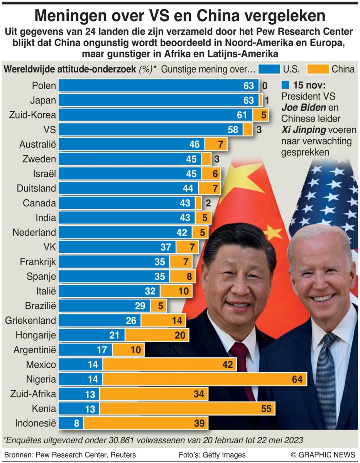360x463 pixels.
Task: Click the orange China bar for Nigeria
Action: point(205,379)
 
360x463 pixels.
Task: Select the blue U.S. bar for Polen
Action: point(154,86)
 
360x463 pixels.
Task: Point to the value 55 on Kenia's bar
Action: point(266,409)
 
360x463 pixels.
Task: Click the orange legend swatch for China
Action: point(318,69)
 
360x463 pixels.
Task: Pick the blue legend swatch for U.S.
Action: point(269,69)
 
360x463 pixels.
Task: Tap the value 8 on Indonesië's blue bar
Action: point(76,423)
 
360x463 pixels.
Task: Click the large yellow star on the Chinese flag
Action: point(241,177)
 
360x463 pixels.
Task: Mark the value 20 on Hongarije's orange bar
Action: point(180,335)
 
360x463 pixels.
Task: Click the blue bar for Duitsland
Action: point(127,188)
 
